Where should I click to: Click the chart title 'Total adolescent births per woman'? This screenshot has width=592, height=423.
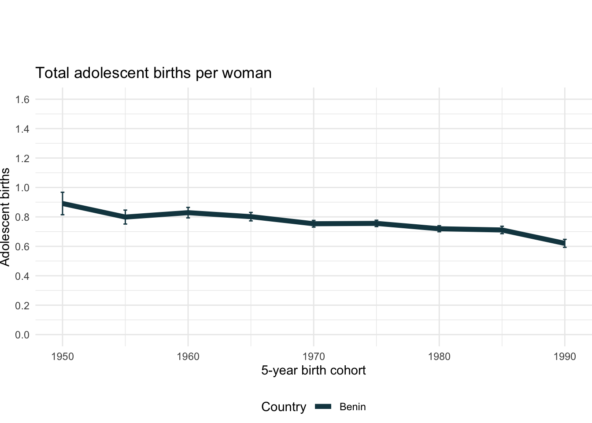click(153, 73)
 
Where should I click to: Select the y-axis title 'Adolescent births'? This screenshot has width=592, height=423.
click(5, 217)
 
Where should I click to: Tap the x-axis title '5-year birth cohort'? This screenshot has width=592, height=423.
click(313, 370)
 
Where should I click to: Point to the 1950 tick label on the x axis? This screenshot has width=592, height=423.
click(63, 356)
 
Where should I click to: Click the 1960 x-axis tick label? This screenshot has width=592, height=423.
click(188, 356)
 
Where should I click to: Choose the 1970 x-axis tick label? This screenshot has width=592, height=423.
click(314, 356)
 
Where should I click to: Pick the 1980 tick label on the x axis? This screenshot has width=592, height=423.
click(439, 356)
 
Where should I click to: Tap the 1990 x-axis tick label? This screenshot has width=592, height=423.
click(565, 356)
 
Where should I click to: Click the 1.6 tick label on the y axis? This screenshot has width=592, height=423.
click(22, 100)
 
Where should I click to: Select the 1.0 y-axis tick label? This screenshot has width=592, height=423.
click(22, 188)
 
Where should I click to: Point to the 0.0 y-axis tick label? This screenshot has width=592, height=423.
click(22, 335)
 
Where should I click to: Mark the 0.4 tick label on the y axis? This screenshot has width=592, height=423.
click(22, 276)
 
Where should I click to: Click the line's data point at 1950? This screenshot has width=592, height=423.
click(63, 204)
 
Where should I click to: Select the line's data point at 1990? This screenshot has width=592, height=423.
click(565, 243)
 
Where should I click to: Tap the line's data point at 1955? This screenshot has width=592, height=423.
click(126, 217)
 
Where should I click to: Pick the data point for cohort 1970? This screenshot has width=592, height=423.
click(314, 224)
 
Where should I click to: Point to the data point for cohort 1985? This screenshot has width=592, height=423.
click(502, 230)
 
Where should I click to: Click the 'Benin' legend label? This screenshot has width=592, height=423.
click(352, 407)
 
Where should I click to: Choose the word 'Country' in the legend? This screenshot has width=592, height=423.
click(283, 407)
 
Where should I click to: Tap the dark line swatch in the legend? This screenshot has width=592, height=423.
click(323, 407)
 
